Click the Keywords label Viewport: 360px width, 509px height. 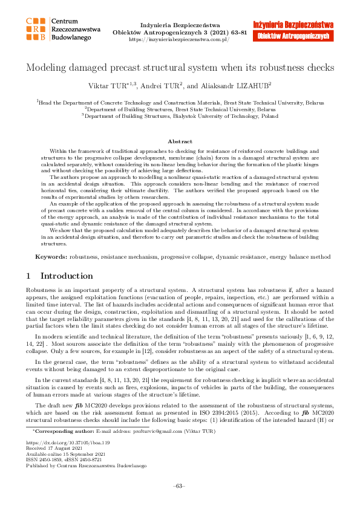(x=51, y=257)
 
